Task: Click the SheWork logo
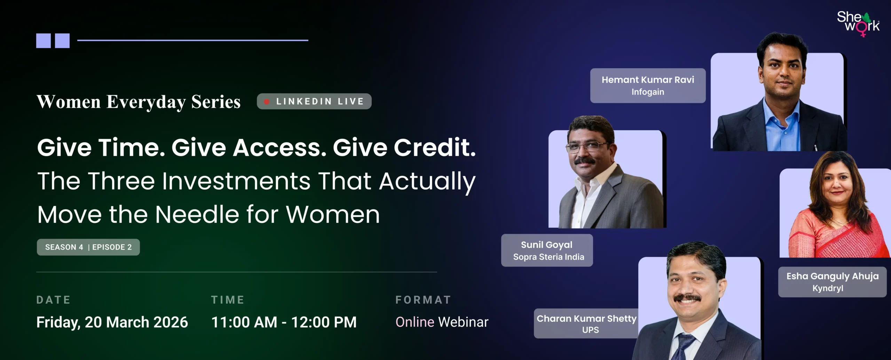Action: click(x=858, y=24)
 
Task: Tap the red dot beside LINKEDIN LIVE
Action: click(x=267, y=102)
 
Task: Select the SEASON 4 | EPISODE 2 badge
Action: click(x=88, y=247)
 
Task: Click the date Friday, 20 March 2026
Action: click(x=112, y=322)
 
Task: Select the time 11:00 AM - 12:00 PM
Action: click(x=284, y=322)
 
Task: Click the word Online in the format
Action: click(x=415, y=322)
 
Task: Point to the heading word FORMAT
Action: click(x=423, y=300)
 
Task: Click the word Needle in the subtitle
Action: click(x=197, y=214)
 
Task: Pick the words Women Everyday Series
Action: click(x=139, y=102)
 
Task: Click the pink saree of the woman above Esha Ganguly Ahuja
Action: click(x=835, y=233)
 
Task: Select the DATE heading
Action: click(x=53, y=300)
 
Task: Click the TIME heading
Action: click(x=228, y=300)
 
